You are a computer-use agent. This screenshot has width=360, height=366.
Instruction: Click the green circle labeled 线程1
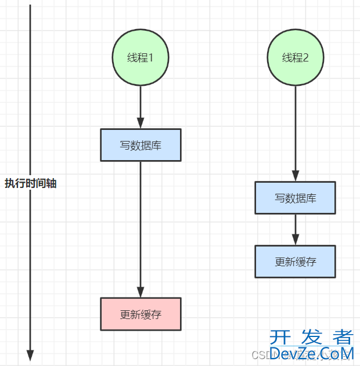[x=141, y=57]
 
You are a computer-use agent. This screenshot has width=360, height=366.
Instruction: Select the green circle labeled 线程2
[x=295, y=57]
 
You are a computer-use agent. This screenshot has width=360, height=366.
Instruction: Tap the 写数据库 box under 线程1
[x=141, y=145]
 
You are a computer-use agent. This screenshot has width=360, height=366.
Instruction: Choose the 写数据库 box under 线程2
[x=295, y=198]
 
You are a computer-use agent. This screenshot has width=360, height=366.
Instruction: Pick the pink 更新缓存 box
[x=141, y=314]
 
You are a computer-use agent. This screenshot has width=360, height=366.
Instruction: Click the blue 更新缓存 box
[x=295, y=261]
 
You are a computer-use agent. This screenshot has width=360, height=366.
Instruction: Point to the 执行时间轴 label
[x=31, y=183]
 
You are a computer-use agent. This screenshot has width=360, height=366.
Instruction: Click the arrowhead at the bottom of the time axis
[x=30, y=355]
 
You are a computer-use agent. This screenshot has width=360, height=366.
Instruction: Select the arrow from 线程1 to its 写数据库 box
[x=141, y=107]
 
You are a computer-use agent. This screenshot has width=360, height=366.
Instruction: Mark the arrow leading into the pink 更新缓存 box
[x=141, y=229]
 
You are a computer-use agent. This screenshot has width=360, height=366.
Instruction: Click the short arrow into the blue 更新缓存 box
[x=295, y=229]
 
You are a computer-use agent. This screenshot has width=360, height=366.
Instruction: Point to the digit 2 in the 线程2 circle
[x=306, y=57]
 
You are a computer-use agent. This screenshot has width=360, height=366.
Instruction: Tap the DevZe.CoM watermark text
[x=312, y=353]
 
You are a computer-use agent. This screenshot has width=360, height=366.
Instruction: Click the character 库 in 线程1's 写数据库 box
[x=156, y=145]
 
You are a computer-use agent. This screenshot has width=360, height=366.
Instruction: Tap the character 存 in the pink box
[x=156, y=315]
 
